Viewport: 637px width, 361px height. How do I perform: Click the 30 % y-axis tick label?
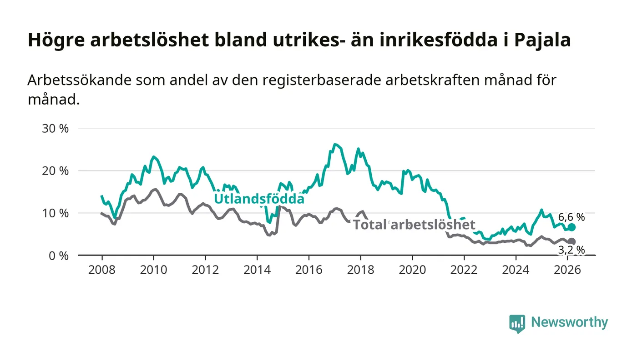click(x=55, y=129)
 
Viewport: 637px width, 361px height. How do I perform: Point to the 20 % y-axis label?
click(x=55, y=171)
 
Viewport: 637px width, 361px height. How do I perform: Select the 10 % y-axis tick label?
click(x=55, y=213)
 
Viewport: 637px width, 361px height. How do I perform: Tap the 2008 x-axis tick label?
click(x=101, y=270)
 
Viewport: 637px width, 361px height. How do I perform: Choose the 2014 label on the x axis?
click(x=257, y=270)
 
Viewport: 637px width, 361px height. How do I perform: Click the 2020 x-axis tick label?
click(x=412, y=270)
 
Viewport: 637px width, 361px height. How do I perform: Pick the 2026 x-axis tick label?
click(x=567, y=270)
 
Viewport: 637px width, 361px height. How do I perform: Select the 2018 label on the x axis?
click(x=360, y=270)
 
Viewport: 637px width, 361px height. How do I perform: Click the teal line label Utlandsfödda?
click(x=259, y=199)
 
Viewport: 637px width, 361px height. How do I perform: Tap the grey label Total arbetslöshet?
click(x=414, y=225)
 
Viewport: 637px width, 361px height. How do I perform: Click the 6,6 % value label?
click(x=571, y=217)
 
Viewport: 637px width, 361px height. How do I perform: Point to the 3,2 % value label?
click(x=571, y=250)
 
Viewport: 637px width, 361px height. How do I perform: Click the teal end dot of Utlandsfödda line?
click(x=571, y=227)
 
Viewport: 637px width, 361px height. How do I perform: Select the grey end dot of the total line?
click(x=571, y=241)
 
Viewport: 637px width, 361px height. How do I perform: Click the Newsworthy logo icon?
click(x=517, y=323)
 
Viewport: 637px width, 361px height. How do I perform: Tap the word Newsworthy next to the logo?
click(x=569, y=322)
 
